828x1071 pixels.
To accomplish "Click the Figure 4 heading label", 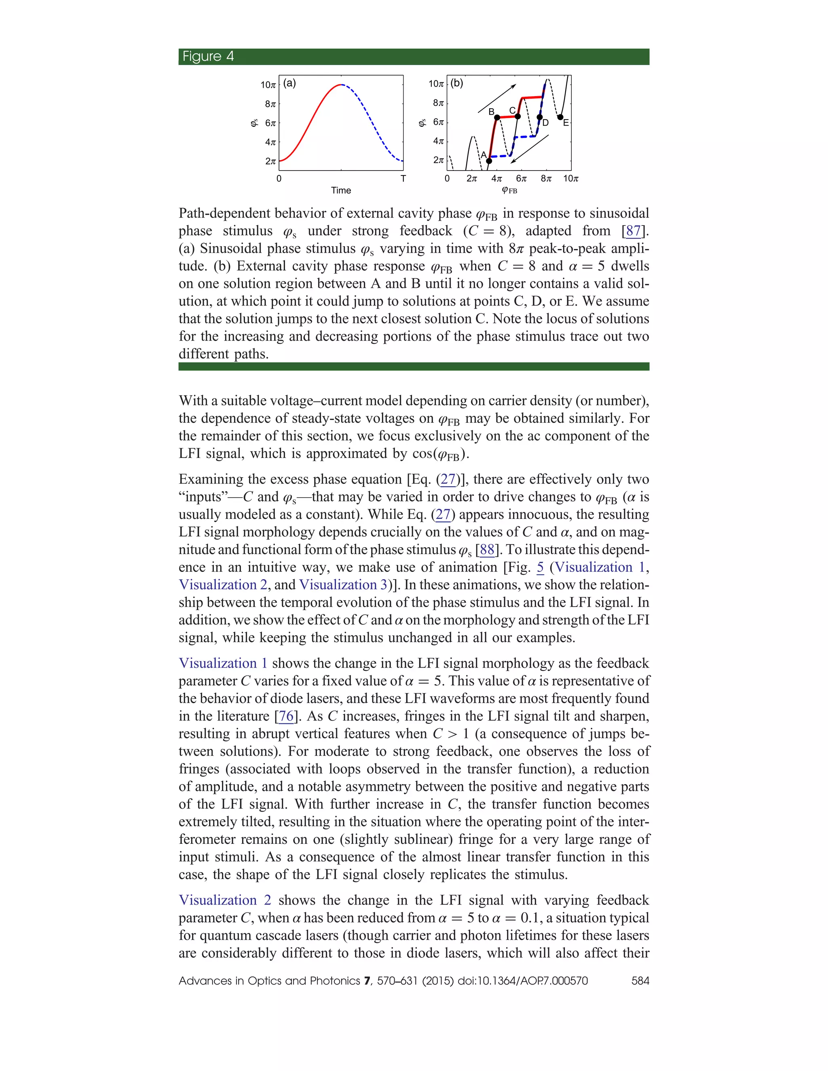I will (x=208, y=57).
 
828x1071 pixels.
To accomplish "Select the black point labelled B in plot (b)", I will (x=497, y=117).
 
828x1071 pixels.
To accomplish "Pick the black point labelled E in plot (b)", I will (x=560, y=117).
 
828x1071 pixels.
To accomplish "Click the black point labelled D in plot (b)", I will (x=540, y=117).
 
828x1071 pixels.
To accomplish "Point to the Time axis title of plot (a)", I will (x=341, y=190).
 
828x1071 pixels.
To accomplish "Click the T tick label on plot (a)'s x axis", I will (x=403, y=179).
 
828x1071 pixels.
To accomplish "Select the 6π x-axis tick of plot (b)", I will (x=521, y=179).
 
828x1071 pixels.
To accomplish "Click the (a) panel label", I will (x=290, y=83).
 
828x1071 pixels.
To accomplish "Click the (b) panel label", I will (x=457, y=83).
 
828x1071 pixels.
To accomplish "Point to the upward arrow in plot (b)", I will (x=497, y=98).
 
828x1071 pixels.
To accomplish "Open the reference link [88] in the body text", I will (x=487, y=550).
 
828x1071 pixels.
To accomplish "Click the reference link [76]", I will (x=285, y=717).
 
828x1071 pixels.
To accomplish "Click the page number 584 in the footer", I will (x=640, y=981).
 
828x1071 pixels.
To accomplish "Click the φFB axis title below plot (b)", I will (x=509, y=190).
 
